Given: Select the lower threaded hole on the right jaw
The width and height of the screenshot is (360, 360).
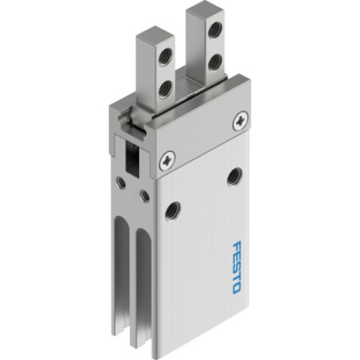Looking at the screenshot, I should point(214,60).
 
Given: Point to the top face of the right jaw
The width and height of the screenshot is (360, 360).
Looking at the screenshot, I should point(202,9).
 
